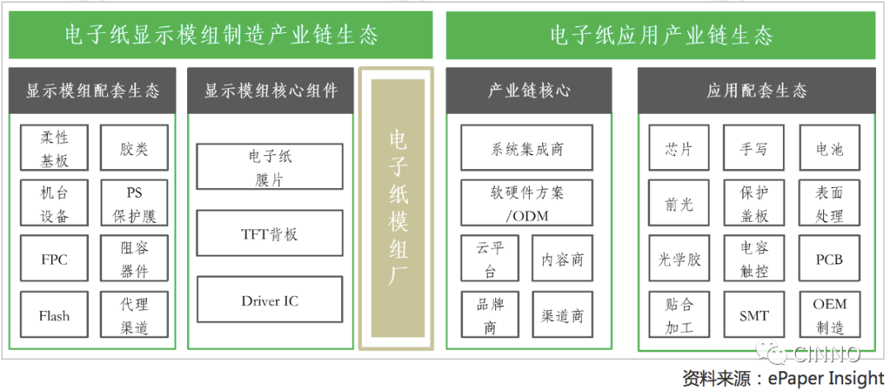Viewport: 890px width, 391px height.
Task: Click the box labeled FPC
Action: (54, 259)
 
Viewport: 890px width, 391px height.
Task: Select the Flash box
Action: (54, 315)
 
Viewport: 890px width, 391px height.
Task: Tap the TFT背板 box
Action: (269, 233)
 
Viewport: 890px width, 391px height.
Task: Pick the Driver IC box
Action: (269, 300)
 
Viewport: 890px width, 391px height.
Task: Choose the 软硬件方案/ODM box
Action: (527, 204)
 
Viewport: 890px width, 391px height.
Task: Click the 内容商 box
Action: (562, 259)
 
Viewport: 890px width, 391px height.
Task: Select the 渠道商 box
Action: (562, 315)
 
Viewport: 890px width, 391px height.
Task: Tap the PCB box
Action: (829, 259)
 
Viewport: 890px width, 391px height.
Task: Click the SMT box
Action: (754, 315)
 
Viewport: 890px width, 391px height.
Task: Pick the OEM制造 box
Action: (829, 315)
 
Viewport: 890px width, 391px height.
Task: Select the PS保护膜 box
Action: (133, 204)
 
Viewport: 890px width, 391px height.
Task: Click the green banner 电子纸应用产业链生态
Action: (662, 35)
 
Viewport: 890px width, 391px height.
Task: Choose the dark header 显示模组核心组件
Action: (270, 91)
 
